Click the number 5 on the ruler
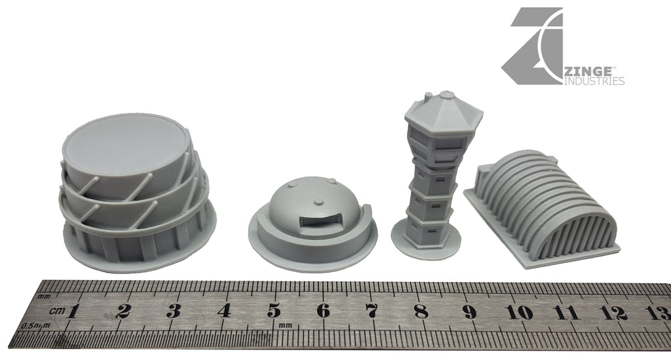pyautogui.click(x=274, y=311)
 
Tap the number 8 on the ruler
pyautogui.click(x=421, y=311)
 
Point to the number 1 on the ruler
pyautogui.click(x=73, y=311)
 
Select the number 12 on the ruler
pyautogui.click(x=616, y=313)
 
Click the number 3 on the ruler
pyautogui.click(x=173, y=311)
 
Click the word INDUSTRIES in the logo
pyautogui.click(x=594, y=81)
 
